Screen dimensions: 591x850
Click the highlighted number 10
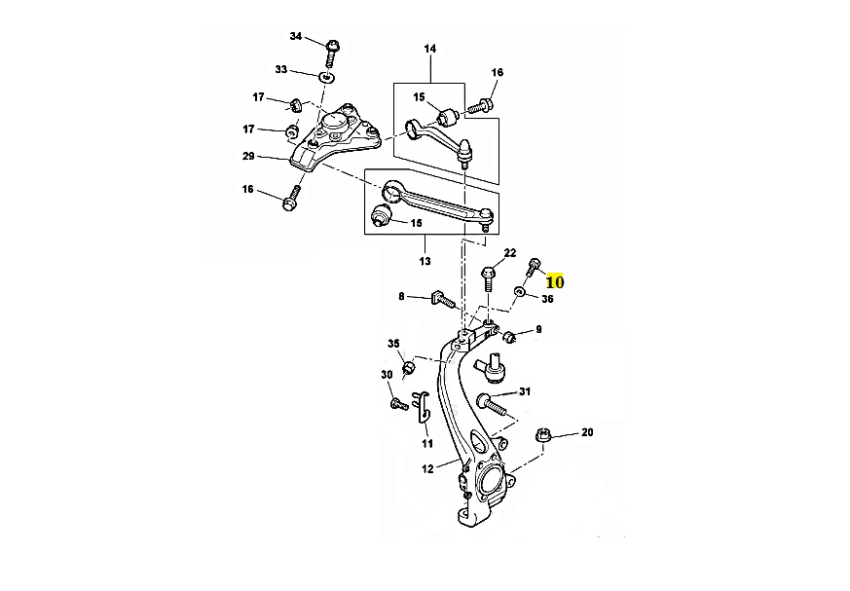[x=555, y=281]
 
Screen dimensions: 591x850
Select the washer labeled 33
[x=328, y=75]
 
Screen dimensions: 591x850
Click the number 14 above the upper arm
[x=429, y=49]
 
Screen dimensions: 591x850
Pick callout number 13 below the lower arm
[x=424, y=261]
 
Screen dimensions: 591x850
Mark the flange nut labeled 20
[x=544, y=435]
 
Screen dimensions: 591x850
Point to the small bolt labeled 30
[x=397, y=403]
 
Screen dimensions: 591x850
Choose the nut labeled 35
[x=409, y=367]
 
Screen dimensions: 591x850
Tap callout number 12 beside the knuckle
[x=426, y=469]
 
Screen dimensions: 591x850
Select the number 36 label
[x=547, y=299]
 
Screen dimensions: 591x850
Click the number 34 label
[x=296, y=37]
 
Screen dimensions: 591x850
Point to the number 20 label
[x=587, y=431]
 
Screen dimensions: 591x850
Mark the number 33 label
[x=281, y=70]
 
